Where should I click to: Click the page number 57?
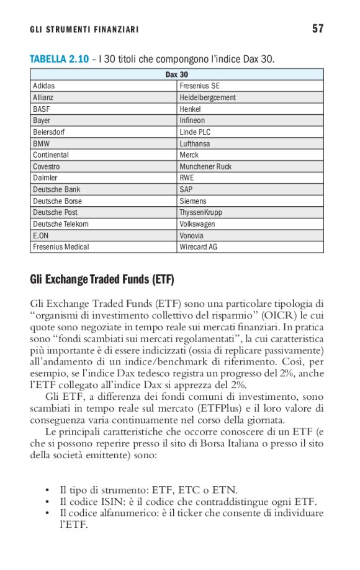[x=318, y=29]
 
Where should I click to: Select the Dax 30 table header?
[x=177, y=75]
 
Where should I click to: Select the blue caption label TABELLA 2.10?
[x=59, y=59]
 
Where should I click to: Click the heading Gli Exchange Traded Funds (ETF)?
[x=102, y=279]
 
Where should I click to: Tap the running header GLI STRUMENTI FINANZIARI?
[x=84, y=30]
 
